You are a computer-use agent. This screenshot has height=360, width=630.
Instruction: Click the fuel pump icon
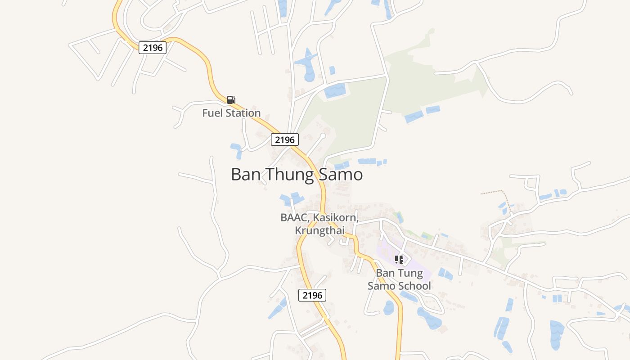click(231, 100)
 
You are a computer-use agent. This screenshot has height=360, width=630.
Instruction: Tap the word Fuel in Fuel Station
click(212, 113)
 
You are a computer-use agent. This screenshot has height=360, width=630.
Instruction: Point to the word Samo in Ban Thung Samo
click(341, 175)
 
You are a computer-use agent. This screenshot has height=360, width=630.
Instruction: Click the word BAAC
click(294, 218)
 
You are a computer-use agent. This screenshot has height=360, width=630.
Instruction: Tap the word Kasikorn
click(335, 218)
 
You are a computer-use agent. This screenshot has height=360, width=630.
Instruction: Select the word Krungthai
click(319, 230)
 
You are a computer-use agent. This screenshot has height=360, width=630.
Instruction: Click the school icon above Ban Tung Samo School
click(399, 259)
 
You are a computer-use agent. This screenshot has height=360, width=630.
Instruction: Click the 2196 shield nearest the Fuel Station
click(153, 47)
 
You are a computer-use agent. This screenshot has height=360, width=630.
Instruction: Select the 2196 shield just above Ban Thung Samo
click(285, 139)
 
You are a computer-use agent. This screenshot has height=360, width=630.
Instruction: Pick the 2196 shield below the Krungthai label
click(312, 295)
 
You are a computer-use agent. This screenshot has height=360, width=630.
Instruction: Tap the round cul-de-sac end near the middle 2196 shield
click(323, 135)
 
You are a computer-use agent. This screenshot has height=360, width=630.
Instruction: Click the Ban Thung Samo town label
click(297, 175)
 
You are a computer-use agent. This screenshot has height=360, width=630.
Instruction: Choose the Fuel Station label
click(231, 113)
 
